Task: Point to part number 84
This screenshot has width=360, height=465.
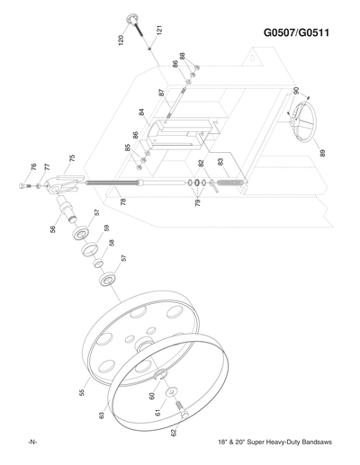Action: tap(141, 113)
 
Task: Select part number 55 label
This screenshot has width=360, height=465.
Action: tap(83, 393)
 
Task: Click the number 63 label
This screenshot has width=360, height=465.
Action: tap(103, 415)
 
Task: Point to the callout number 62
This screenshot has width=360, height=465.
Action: tap(174, 433)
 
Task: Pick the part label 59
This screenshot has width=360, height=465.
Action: tap(105, 228)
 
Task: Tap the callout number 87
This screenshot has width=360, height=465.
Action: tap(161, 93)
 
